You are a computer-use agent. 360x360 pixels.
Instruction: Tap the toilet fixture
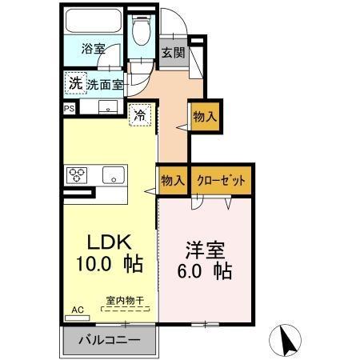141,33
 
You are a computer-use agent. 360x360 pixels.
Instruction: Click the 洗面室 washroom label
104,82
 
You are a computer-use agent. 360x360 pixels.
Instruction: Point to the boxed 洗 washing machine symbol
74,82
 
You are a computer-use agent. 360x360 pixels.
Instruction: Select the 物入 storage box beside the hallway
204,117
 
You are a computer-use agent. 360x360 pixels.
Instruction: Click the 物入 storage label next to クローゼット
172,180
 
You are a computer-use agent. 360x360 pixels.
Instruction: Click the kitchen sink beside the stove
112,174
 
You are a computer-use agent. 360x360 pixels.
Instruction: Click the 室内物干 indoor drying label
125,301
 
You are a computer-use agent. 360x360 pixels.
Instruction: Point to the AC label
78,309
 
